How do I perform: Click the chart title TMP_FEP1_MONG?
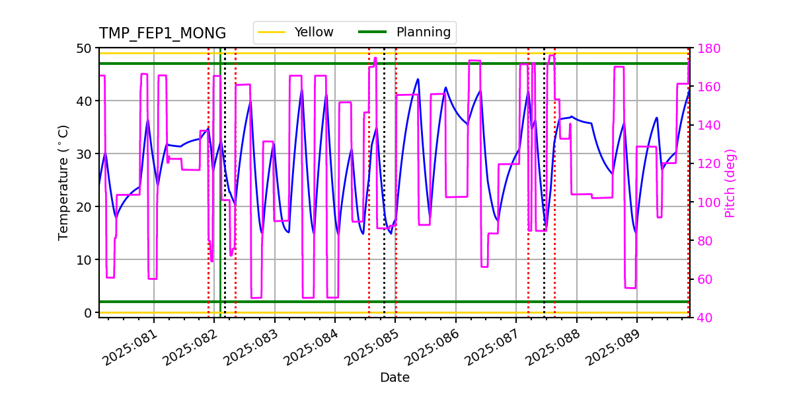coord(162,34)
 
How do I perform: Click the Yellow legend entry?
coord(313,32)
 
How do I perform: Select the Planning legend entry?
coord(423,32)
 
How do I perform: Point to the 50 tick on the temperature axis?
coord(85,48)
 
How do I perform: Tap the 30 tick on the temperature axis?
coord(85,154)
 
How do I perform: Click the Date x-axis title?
coord(395,378)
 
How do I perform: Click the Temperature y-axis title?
coord(63,182)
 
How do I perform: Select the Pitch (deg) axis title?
coord(730,183)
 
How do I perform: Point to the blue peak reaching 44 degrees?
coord(418,79)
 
